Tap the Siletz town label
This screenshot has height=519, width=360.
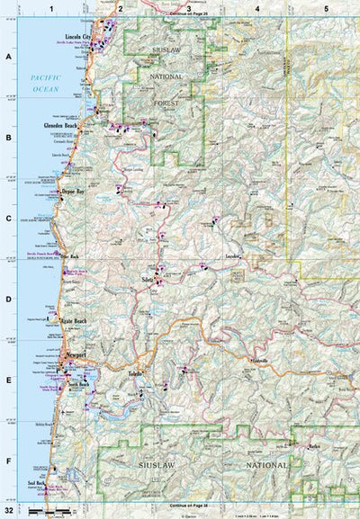click(x=148, y=281)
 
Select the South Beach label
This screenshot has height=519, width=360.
click(x=78, y=385)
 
